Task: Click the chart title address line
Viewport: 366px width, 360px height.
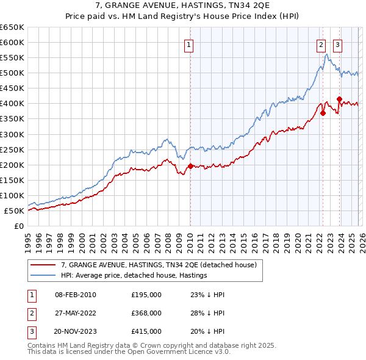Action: click(x=183, y=5)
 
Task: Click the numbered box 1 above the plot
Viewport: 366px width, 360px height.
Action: click(x=189, y=44)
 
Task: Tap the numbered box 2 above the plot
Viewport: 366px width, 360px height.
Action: click(x=321, y=44)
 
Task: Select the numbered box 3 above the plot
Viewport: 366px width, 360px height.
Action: click(x=337, y=44)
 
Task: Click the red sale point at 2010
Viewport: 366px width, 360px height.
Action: click(x=190, y=166)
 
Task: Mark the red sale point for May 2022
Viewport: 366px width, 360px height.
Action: click(x=323, y=113)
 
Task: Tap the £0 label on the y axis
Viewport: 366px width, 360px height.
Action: click(x=18, y=226)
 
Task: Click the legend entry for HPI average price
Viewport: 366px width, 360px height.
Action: click(x=134, y=275)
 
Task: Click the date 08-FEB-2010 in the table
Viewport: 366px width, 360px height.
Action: click(x=75, y=294)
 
